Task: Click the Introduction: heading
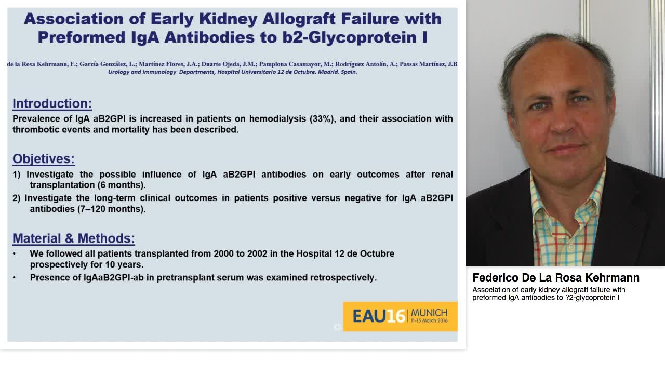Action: pos(52,103)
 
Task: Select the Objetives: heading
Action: pos(44,159)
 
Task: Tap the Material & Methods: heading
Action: pos(74,238)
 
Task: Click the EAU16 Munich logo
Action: pos(400,316)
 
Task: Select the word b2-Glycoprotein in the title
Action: pos(348,37)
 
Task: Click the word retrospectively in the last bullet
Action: pos(343,278)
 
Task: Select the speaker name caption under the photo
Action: pos(556,278)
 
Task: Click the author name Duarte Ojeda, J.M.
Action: pos(228,64)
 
